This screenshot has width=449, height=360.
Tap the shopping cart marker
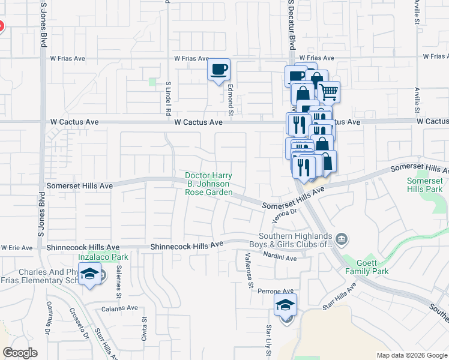tap(328, 92)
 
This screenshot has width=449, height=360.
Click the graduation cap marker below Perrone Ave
tap(286, 304)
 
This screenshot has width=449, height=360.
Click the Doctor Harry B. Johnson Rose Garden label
tap(208, 184)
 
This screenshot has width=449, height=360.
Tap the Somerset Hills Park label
tap(424, 184)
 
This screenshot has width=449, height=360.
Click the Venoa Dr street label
tap(285, 214)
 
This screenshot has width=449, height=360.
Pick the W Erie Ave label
tap(17, 247)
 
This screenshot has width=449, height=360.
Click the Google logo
tap(20, 353)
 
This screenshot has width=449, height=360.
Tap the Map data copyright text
tap(411, 355)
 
